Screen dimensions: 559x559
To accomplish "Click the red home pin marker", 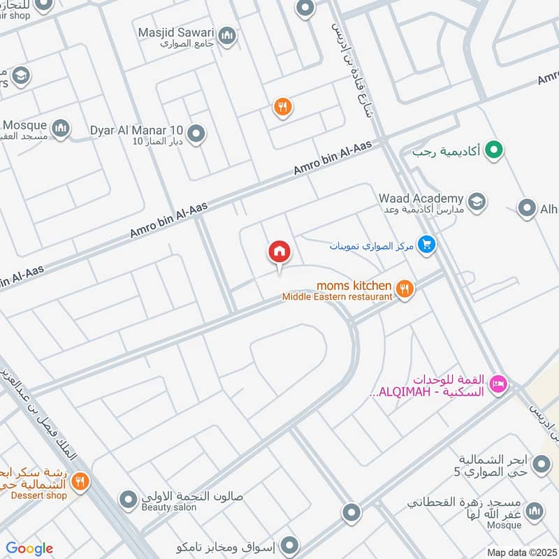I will (x=279, y=252).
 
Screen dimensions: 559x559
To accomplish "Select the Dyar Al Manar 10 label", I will (x=137, y=131).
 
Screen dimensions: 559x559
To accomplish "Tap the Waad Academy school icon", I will (x=477, y=203).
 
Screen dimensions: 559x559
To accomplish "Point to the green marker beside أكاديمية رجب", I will (x=495, y=150).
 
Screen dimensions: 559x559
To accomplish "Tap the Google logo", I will (x=29, y=549).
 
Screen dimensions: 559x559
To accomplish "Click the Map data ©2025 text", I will (x=521, y=552).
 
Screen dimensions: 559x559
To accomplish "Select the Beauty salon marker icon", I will (x=128, y=500).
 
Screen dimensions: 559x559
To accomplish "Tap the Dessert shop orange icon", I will (x=80, y=481).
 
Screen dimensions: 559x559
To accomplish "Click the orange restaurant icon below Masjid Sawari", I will (x=282, y=107).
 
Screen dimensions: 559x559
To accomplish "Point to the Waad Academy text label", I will (x=421, y=198).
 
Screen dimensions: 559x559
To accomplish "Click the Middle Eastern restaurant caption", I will (x=337, y=297).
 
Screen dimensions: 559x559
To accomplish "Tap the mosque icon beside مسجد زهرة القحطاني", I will (x=535, y=511).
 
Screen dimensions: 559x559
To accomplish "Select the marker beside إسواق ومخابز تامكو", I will (x=290, y=544).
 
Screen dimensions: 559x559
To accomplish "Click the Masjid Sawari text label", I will (x=177, y=32).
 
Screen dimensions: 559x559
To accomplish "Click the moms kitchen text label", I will (x=354, y=285).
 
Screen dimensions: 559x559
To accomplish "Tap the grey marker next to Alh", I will (x=527, y=208).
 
